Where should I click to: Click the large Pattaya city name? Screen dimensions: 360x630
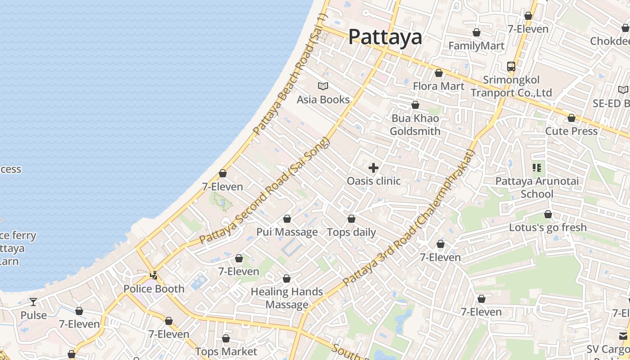pyautogui.click(x=385, y=37)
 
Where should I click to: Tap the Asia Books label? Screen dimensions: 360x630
pyautogui.click(x=323, y=99)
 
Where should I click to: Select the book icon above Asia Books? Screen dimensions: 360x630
pyautogui.click(x=323, y=86)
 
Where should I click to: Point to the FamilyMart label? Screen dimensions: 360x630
pyautogui.click(x=477, y=46)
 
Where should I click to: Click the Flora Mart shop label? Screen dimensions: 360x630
pyautogui.click(x=439, y=86)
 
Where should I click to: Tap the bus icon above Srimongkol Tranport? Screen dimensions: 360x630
pyautogui.click(x=511, y=67)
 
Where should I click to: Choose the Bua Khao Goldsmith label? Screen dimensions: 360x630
pyautogui.click(x=415, y=125)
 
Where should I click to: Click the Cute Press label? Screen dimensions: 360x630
pyautogui.click(x=571, y=131)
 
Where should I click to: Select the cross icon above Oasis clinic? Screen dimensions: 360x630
pyautogui.click(x=373, y=168)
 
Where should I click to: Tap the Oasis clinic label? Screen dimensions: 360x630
pyautogui.click(x=373, y=181)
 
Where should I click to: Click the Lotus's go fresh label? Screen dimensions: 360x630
pyautogui.click(x=548, y=227)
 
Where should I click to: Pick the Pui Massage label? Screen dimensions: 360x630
pyautogui.click(x=287, y=232)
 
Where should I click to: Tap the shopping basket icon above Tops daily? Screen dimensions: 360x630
pyautogui.click(x=351, y=219)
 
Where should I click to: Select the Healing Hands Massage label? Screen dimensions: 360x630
pyautogui.click(x=287, y=298)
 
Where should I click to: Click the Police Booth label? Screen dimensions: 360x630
pyautogui.click(x=154, y=289)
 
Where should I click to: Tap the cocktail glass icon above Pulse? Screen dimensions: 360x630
pyautogui.click(x=33, y=301)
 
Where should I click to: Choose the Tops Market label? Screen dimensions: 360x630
pyautogui.click(x=226, y=351)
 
